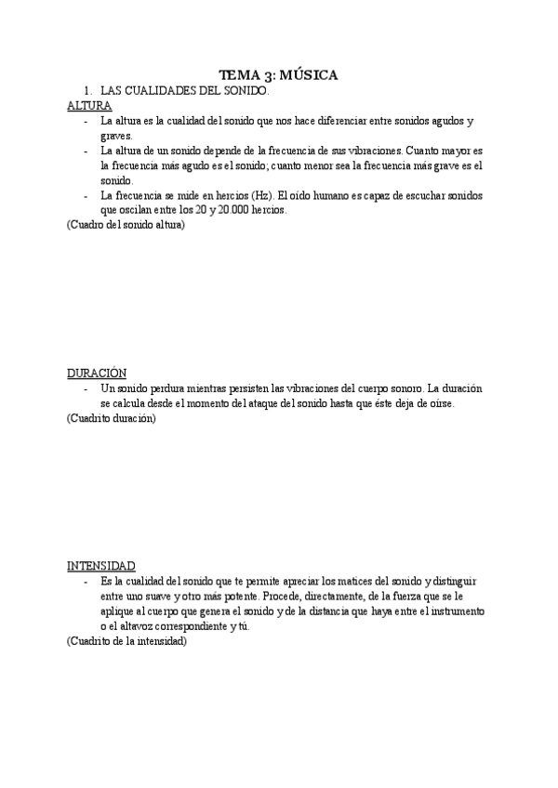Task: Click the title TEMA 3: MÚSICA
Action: pyautogui.click(x=279, y=74)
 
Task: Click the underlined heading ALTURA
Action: pyautogui.click(x=89, y=106)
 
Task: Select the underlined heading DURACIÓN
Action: pyautogui.click(x=96, y=373)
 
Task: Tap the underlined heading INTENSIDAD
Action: pyautogui.click(x=100, y=565)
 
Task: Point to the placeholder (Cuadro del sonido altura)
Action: pyautogui.click(x=126, y=225)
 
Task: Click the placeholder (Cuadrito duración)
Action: pyautogui.click(x=111, y=418)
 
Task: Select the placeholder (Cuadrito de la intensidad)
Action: pyautogui.click(x=126, y=640)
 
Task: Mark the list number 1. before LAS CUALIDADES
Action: pyautogui.click(x=86, y=91)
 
